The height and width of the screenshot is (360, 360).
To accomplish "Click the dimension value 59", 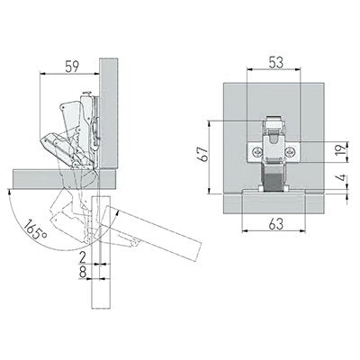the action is [x=72, y=67].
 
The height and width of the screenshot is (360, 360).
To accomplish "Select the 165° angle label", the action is [x=35, y=229].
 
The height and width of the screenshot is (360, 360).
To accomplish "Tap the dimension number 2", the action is [x=83, y=257].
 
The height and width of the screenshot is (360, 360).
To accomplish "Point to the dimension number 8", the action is [x=83, y=273].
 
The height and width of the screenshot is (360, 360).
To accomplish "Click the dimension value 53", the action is [x=276, y=63].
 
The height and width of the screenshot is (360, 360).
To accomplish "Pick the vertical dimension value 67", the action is [x=204, y=154].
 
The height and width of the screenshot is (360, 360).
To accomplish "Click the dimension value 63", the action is [x=276, y=224].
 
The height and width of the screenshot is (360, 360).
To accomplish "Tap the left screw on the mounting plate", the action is [x=256, y=152].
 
